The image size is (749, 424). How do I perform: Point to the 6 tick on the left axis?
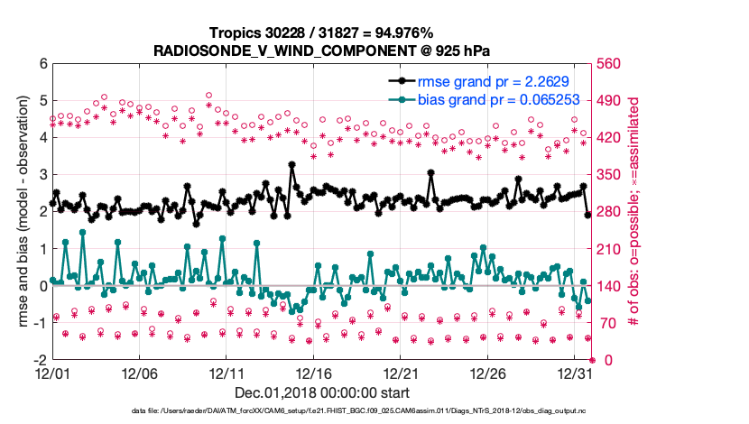coord(42,64)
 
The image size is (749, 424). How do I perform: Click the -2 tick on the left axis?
coord(41,359)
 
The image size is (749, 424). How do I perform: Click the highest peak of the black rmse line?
coord(291,164)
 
